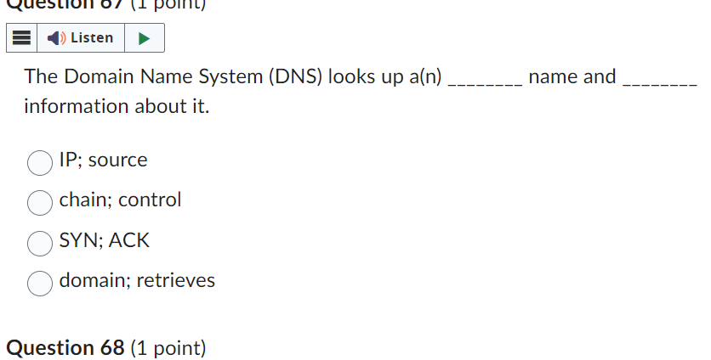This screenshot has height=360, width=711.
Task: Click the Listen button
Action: [81, 38]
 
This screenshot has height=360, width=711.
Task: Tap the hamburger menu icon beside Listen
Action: [23, 38]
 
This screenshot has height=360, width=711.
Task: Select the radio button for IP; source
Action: [40, 161]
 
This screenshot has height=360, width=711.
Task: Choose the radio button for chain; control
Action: [40, 202]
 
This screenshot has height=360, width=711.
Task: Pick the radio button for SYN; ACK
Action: [40, 243]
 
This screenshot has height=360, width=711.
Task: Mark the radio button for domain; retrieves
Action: [40, 283]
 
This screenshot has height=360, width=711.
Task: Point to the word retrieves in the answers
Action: [176, 280]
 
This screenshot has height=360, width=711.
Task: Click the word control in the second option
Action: [150, 200]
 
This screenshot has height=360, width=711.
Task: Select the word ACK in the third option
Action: [129, 241]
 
